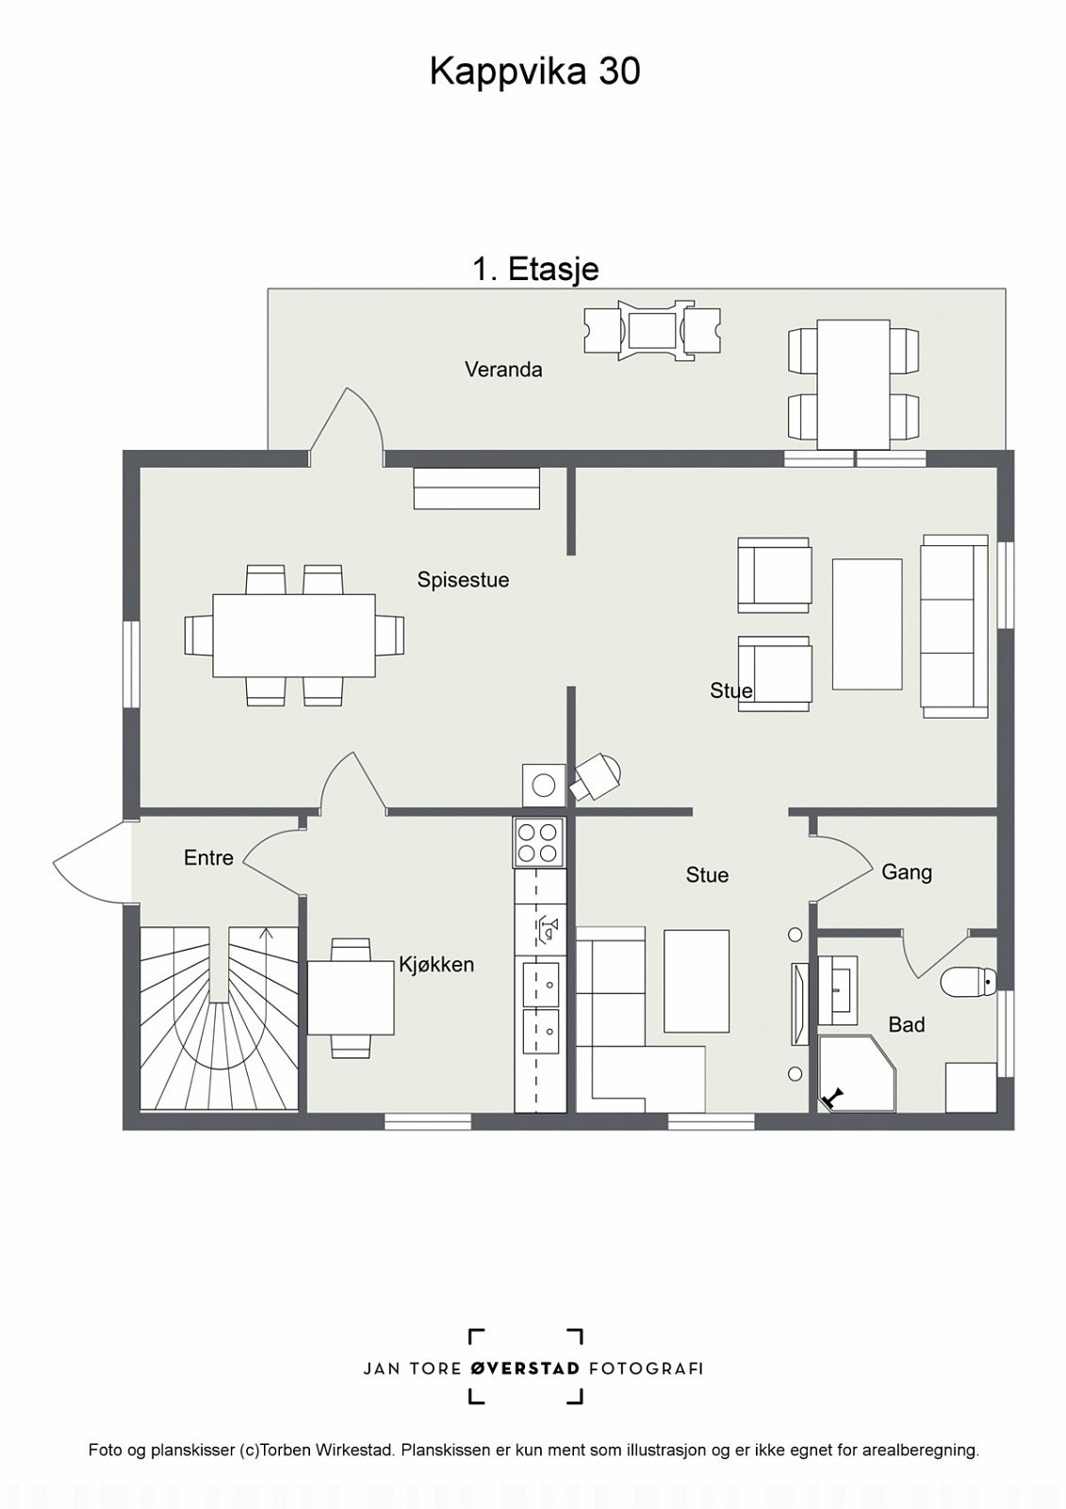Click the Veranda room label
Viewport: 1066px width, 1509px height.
503,369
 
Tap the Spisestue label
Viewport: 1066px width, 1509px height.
463,580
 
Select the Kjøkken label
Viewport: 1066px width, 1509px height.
436,965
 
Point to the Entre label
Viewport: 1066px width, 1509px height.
208,857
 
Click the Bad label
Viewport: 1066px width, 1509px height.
907,1024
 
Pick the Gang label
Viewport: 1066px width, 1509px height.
907,872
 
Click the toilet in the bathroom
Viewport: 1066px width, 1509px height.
968,982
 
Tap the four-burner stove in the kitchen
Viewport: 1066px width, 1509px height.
539,842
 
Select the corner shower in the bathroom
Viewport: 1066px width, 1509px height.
858,1074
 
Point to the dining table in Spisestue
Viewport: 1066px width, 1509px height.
294,636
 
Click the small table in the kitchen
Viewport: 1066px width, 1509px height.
351,998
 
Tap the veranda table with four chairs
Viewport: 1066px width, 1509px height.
854,384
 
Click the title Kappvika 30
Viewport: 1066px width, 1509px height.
534,72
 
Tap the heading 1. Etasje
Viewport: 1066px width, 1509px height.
535,270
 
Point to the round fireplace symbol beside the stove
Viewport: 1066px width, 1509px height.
544,785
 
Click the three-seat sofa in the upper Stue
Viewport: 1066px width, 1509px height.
955,626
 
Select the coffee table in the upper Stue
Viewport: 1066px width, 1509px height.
867,624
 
